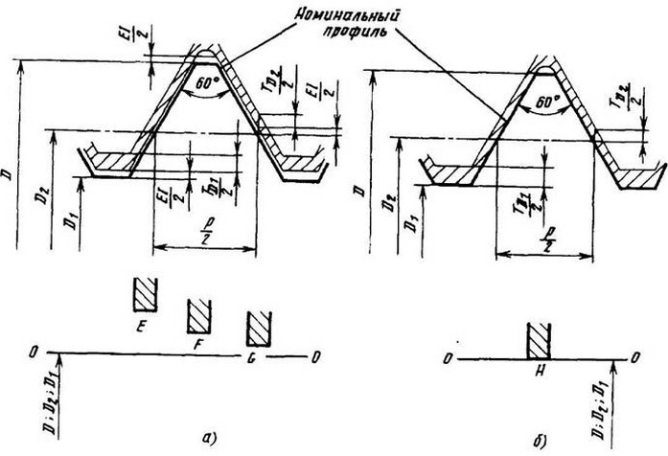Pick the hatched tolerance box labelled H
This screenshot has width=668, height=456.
[538, 341]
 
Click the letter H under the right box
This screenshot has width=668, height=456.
[537, 372]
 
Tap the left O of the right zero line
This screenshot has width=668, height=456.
[449, 358]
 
